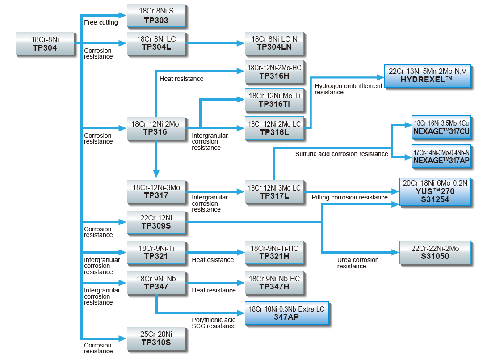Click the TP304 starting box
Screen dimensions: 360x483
coord(45,43)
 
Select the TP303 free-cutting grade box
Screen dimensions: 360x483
coord(156,16)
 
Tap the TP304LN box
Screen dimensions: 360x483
coord(274,43)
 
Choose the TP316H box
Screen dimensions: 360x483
coord(274,72)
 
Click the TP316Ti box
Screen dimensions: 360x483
coord(274,100)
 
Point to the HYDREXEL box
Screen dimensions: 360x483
coord(428,75)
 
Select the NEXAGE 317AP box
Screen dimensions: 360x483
coord(441,156)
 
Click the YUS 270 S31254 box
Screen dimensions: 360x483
coord(435,191)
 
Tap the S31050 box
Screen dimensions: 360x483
coord(435,252)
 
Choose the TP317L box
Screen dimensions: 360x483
coord(274,191)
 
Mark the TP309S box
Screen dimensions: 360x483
coord(156,222)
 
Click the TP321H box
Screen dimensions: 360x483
coord(274,252)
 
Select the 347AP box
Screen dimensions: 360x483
coord(286,313)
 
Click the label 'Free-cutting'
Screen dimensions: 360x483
coord(101,22)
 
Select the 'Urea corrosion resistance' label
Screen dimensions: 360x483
coord(358,263)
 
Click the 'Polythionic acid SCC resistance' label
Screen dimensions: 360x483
coord(214,323)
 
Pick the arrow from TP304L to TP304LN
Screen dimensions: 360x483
coord(215,43)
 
